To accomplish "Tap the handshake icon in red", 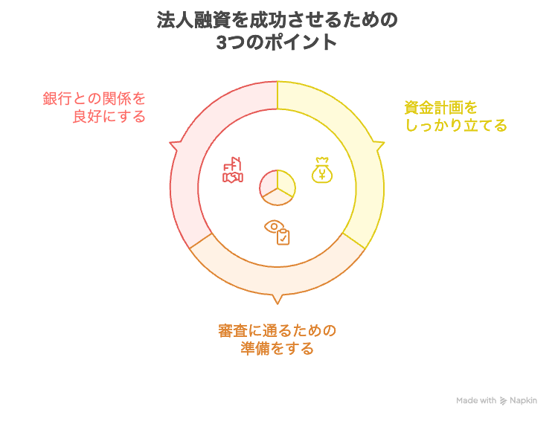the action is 233,171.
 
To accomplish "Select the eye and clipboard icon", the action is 277,232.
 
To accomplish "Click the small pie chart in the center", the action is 277,187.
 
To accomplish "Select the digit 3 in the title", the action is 221,42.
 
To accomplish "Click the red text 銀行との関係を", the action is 94,98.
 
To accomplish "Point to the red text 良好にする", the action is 109,116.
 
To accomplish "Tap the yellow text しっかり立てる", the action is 455,125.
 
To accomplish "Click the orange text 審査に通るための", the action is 277,330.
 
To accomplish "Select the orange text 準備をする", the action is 277,348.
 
